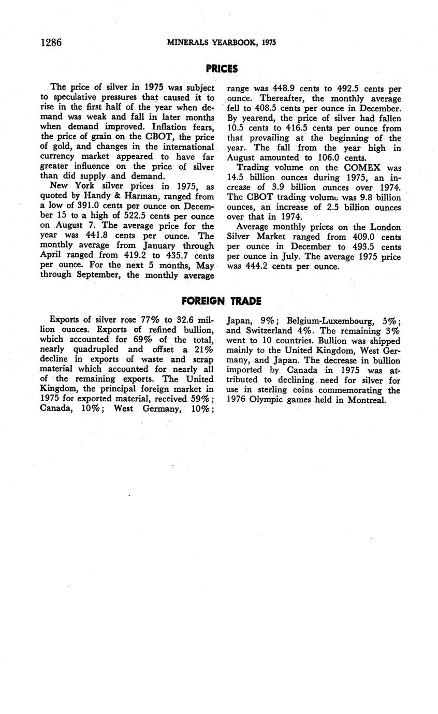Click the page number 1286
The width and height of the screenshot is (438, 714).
pos(51,42)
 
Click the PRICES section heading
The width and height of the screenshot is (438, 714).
pos(222,69)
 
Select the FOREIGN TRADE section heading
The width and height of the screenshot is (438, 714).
pos(222,301)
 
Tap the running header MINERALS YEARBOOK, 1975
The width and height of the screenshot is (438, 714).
pos(221,43)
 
